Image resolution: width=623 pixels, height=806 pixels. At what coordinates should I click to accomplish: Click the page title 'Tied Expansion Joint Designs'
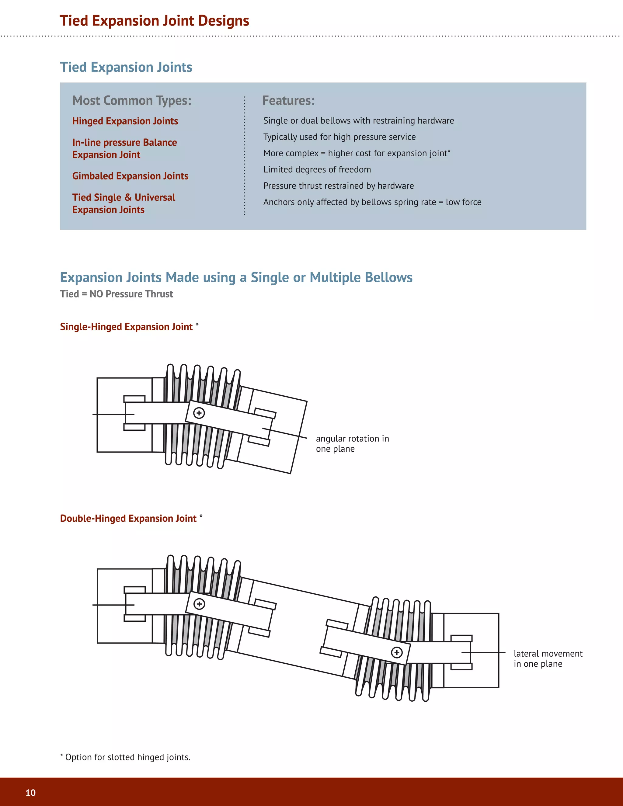154,21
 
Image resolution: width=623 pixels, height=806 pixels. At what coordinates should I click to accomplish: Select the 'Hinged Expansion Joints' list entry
125,121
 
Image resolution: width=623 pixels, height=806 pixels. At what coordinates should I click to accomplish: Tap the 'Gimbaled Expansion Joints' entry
130,176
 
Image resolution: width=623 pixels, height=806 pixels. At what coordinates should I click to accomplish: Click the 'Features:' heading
288,100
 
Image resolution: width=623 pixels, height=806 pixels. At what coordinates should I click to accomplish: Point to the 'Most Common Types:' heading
132,100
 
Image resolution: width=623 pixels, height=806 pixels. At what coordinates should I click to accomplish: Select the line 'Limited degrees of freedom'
317,169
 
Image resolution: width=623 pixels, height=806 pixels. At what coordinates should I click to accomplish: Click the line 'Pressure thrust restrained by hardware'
339,186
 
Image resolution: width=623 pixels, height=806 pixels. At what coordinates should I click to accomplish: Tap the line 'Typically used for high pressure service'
339,137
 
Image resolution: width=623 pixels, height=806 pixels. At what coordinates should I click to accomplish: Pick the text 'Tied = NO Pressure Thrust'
116,294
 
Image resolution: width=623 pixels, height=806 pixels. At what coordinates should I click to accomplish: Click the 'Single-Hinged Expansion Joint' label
126,327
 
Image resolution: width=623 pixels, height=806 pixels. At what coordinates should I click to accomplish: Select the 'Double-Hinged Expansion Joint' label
128,519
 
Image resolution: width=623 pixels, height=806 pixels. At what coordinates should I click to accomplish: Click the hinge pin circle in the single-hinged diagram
199,413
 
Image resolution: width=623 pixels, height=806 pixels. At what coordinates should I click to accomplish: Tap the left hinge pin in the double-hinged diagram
199,604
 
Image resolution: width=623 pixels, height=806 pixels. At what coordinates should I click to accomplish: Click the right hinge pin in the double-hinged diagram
397,652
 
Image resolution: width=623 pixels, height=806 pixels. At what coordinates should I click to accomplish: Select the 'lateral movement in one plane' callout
548,659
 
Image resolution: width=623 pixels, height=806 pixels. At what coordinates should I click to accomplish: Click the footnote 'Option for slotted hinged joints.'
126,757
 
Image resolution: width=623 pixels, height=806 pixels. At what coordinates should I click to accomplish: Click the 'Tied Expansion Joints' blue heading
126,67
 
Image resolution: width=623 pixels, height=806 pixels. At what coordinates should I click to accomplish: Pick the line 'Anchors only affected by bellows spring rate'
372,202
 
